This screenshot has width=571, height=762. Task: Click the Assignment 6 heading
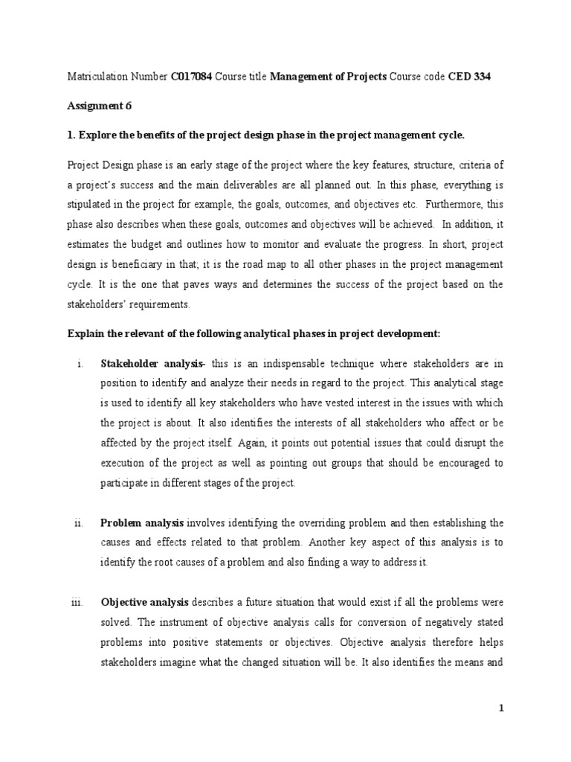[x=100, y=106]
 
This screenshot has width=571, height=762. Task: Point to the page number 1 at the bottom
[x=502, y=709]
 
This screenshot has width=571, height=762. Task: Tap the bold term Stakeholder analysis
[x=152, y=363]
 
